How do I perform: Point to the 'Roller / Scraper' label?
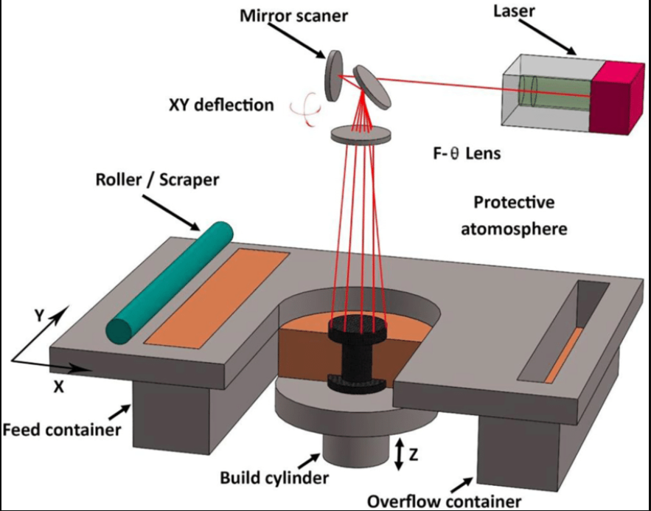157,179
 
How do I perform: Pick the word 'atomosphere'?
514,228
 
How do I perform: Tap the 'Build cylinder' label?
274,477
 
